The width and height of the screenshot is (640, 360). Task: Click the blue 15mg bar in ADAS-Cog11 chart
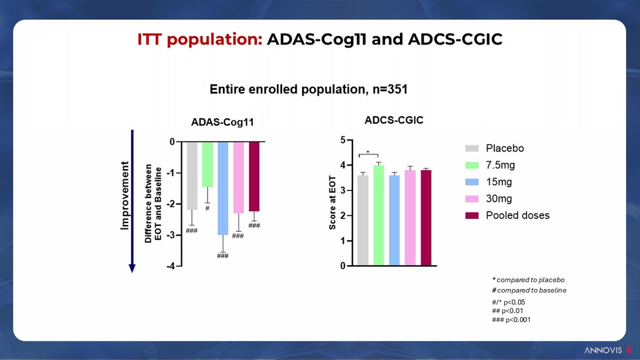pyautogui.click(x=223, y=188)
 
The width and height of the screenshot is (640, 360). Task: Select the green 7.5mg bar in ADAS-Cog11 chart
pyautogui.click(x=207, y=164)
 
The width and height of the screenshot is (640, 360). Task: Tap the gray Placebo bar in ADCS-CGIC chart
pyautogui.click(x=363, y=220)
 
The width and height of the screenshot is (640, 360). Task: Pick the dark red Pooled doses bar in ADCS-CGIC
pyautogui.click(x=426, y=218)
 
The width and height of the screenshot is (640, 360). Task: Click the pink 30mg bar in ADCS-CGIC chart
pyautogui.click(x=410, y=218)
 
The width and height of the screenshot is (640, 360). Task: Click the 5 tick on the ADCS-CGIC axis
pyautogui.click(x=343, y=140)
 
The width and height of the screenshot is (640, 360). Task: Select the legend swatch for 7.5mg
pyautogui.click(x=472, y=165)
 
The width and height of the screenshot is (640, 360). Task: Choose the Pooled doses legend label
pyautogui.click(x=517, y=216)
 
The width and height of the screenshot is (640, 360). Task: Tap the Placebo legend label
pyautogui.click(x=505, y=149)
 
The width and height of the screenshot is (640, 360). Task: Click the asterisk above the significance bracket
pyautogui.click(x=368, y=153)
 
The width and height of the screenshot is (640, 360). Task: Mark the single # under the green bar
pyautogui.click(x=207, y=208)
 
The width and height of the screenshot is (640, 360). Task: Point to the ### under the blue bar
pyautogui.click(x=223, y=256)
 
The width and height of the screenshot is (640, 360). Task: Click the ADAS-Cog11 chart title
pyautogui.click(x=223, y=123)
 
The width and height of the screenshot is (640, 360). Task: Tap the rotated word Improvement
pyautogui.click(x=125, y=195)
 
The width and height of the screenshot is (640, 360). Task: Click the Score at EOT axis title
pyautogui.click(x=332, y=202)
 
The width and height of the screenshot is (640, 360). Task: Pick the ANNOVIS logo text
pyautogui.click(x=603, y=350)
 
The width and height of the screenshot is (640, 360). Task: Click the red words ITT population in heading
pyautogui.click(x=200, y=39)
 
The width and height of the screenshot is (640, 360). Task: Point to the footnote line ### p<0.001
pyautogui.click(x=511, y=320)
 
